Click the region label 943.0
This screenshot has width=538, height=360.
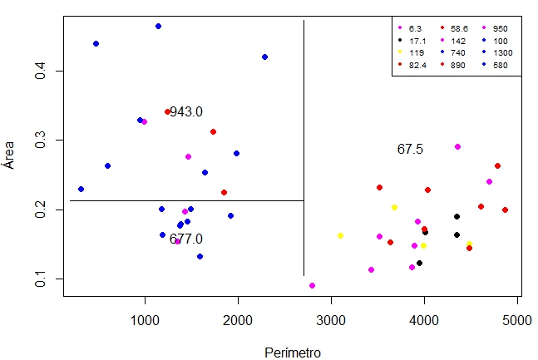pyautogui.click(x=185, y=111)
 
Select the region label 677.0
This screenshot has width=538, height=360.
pyautogui.click(x=185, y=239)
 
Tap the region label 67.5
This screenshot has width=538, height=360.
pyautogui.click(x=410, y=150)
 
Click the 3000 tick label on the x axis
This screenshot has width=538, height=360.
pyautogui.click(x=331, y=320)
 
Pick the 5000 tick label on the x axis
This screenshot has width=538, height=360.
pyautogui.click(x=517, y=320)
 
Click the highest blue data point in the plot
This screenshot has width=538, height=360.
pyautogui.click(x=158, y=27)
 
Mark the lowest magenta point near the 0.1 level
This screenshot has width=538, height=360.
pyautogui.click(x=312, y=285)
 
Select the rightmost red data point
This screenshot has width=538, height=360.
pyautogui.click(x=505, y=210)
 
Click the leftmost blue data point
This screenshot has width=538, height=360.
pyautogui.click(x=81, y=189)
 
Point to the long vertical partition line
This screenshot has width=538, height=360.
pyautogui.click(x=304, y=150)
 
